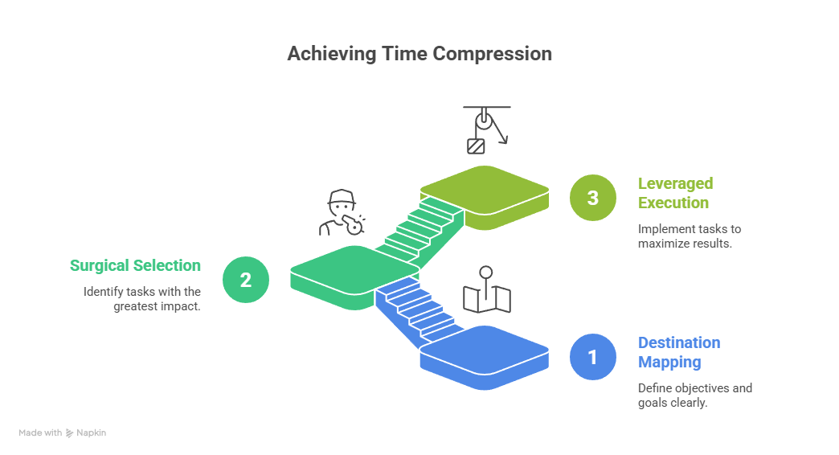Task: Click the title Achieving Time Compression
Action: (x=419, y=54)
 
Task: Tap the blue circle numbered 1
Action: (x=592, y=356)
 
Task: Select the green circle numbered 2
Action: (x=245, y=280)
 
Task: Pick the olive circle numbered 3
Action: (x=592, y=198)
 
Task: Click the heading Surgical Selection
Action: (x=135, y=265)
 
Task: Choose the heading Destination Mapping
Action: (x=679, y=352)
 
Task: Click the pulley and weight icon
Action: (x=487, y=129)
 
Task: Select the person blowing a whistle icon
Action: (x=342, y=213)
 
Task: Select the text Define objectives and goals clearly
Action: (x=695, y=396)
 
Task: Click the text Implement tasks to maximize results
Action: (x=690, y=236)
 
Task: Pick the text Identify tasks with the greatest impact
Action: (x=142, y=298)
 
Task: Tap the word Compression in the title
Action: (x=493, y=54)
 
